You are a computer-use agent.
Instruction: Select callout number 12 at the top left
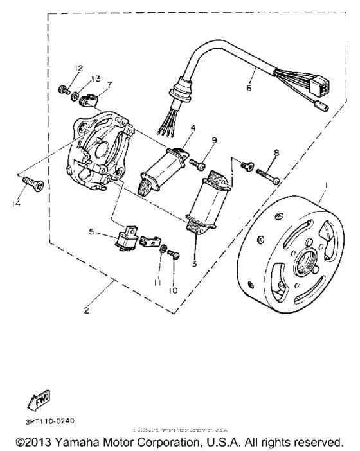78,68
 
